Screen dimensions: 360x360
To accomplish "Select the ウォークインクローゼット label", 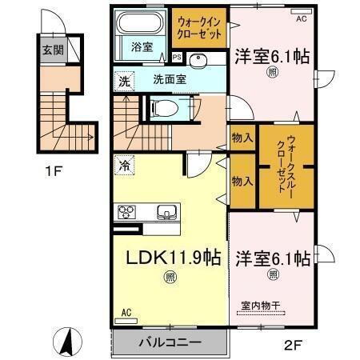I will pyautogui.click(x=200, y=30).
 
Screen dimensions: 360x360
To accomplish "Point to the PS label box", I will pyautogui.click(x=177, y=58).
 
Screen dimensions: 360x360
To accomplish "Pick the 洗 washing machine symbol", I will pyautogui.click(x=124, y=80).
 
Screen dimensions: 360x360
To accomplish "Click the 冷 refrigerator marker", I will pyautogui.click(x=124, y=166).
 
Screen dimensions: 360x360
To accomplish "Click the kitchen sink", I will pyautogui.click(x=168, y=212).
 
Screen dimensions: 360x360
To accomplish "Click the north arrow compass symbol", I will pyautogui.click(x=68, y=342).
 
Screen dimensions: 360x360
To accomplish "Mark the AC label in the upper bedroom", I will pyautogui.click(x=301, y=18).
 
